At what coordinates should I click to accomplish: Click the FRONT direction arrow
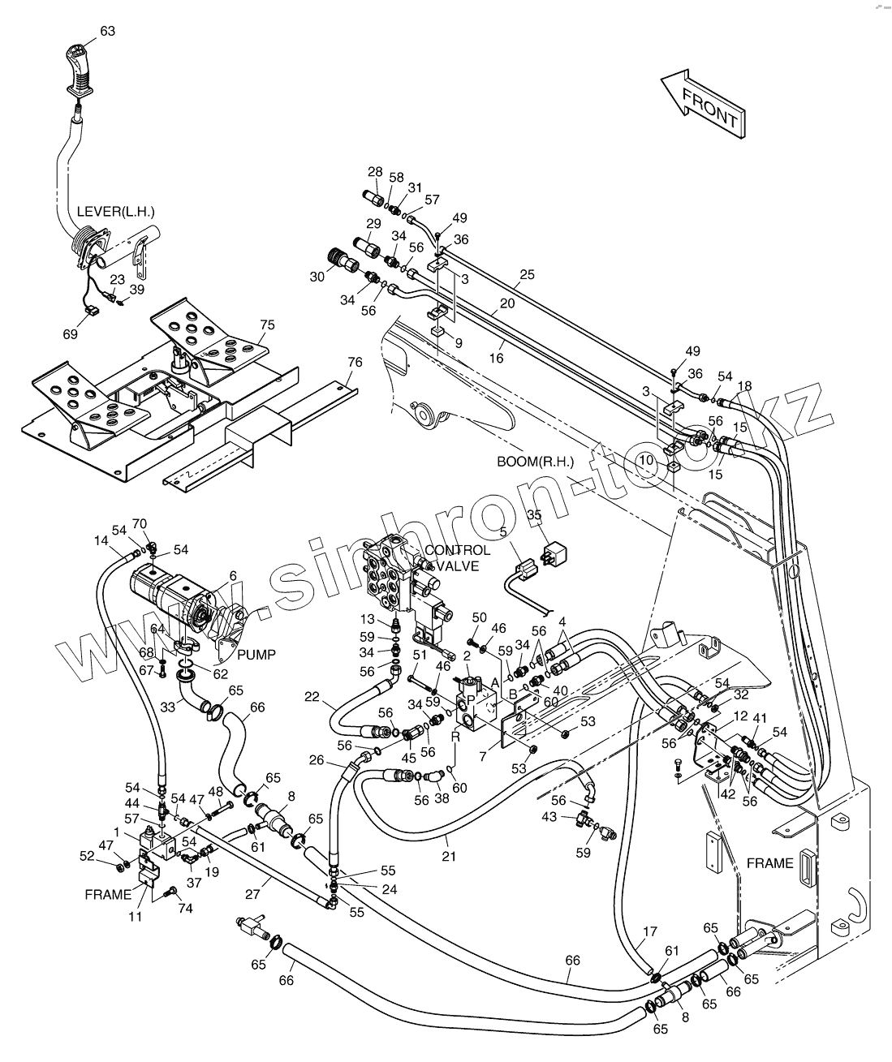pos(703,105)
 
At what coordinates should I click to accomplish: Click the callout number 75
pos(267,325)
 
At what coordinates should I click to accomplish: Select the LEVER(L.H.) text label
pos(115,212)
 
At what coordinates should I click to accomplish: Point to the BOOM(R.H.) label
pos(535,462)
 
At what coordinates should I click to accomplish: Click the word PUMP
pos(256,654)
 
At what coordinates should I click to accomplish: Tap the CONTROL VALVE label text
pos(457,558)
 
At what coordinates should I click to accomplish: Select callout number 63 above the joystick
pos(108,31)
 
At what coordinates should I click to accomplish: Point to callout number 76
pos(355,362)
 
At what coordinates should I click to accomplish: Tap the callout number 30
pos(317,276)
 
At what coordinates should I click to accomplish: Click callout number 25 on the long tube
pos(527,274)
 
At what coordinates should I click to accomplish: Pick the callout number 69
pos(71,333)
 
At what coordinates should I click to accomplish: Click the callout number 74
pos(185,909)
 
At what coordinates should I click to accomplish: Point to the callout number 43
pos(549,816)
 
